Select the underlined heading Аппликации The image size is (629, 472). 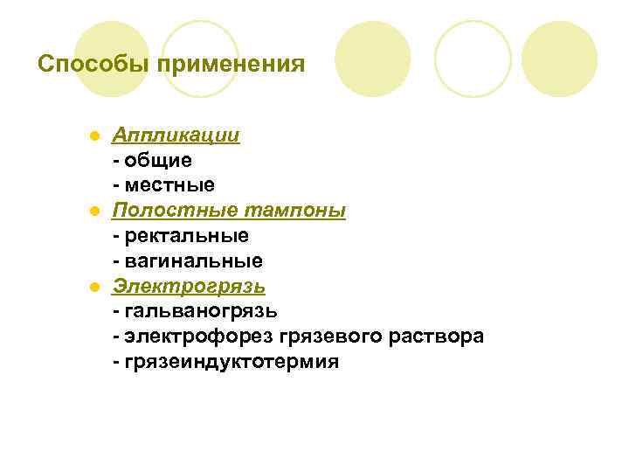[176, 136]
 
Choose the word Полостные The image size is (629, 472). [164, 211]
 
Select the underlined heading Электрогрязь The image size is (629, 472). [189, 286]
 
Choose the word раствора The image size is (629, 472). [436, 337]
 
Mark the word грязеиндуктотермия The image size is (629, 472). [231, 362]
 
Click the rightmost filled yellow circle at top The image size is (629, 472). [560, 59]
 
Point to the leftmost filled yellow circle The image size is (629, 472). [111, 59]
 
